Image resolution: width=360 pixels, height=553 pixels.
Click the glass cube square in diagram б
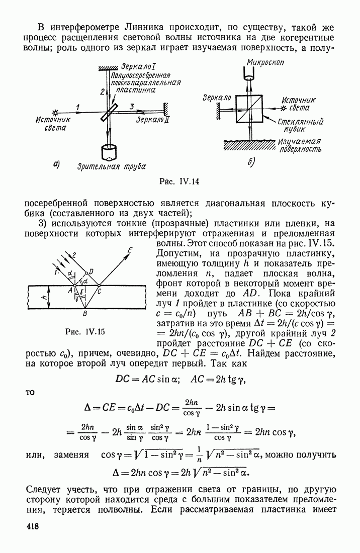click(250, 108)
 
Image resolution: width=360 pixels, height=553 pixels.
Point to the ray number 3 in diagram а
click(132, 106)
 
